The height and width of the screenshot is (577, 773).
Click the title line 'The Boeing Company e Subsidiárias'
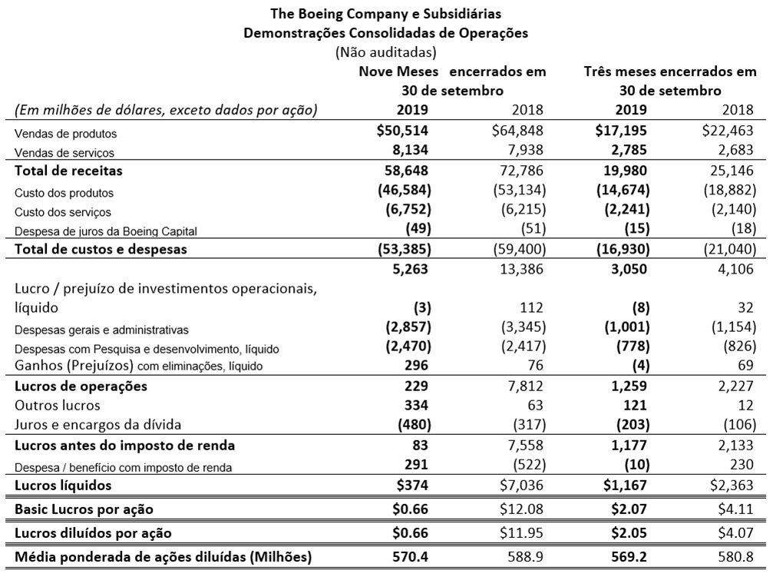pyautogui.click(x=385, y=14)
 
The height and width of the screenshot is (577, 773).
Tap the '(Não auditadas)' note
pyautogui.click(x=385, y=52)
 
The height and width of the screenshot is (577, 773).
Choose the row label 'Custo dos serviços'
pyautogui.click(x=63, y=212)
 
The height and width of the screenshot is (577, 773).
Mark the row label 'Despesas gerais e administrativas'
pyautogui.click(x=101, y=330)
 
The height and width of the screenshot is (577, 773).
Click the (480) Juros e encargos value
pyautogui.click(x=414, y=424)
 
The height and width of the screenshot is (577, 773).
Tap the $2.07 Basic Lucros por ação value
pyautogui.click(x=633, y=509)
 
